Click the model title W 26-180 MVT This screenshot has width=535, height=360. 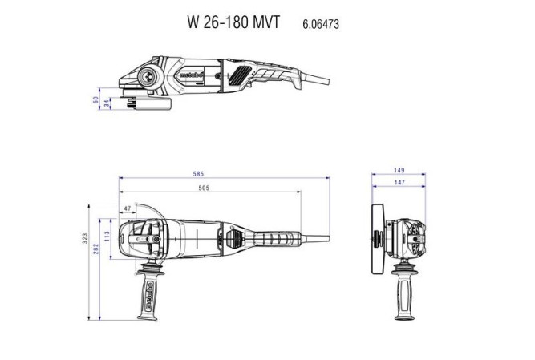point(233,23)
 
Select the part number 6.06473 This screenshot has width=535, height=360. point(321,24)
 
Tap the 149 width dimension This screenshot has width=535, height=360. point(399,171)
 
